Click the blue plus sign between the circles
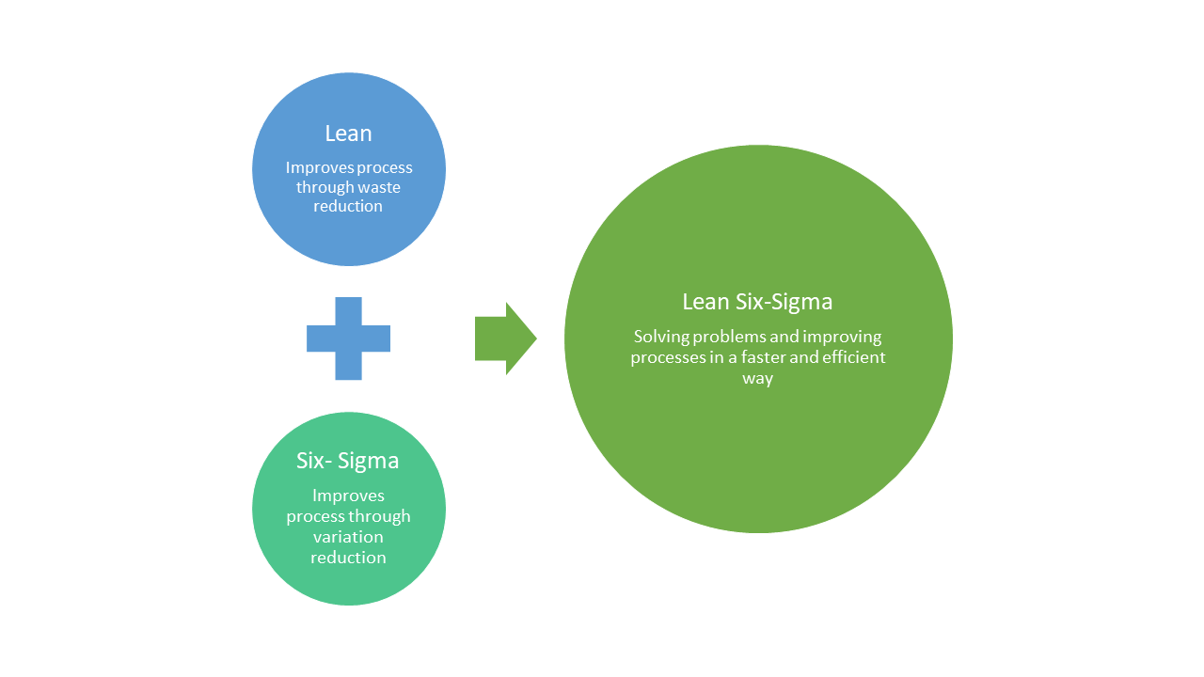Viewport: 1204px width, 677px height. (x=348, y=338)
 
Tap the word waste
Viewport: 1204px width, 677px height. (x=375, y=187)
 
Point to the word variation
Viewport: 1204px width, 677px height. (x=348, y=537)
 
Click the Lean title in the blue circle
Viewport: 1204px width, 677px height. (x=348, y=134)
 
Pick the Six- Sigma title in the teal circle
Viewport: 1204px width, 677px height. (x=348, y=461)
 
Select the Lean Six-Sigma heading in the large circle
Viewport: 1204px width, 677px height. (x=757, y=302)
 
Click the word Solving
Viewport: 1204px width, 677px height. (x=660, y=337)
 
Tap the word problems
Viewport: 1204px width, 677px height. (x=728, y=337)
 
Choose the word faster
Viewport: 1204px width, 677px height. (x=765, y=357)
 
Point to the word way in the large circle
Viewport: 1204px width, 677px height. (x=757, y=378)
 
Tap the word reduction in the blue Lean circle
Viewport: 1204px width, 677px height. (x=348, y=206)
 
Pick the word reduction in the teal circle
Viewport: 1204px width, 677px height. (x=348, y=558)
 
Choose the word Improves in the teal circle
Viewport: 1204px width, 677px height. (x=348, y=496)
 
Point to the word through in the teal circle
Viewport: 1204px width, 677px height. (x=379, y=516)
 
